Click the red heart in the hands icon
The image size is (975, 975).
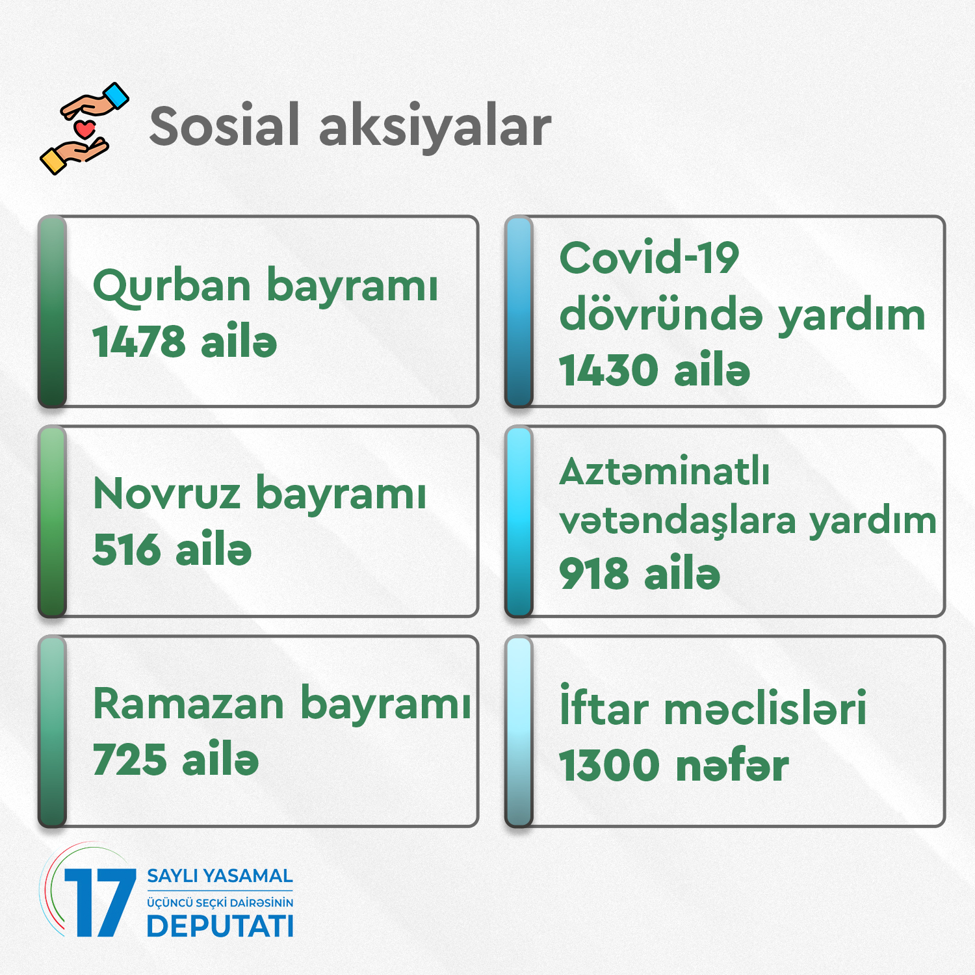(x=84, y=128)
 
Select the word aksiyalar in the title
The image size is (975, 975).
(x=435, y=127)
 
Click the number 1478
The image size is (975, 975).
(x=139, y=342)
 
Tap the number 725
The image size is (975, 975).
(x=130, y=760)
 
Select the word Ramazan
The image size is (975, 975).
(x=189, y=704)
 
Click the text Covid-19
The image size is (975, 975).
(x=649, y=258)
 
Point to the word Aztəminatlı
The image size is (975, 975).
(x=664, y=472)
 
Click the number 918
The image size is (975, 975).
(x=594, y=574)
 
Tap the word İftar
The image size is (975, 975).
(x=604, y=706)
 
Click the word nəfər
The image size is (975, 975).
(x=733, y=766)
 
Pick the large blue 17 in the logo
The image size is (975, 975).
(x=100, y=903)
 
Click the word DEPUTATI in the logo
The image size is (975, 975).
(x=220, y=926)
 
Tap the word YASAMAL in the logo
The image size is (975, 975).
(x=248, y=876)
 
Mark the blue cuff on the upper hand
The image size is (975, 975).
(x=116, y=96)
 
